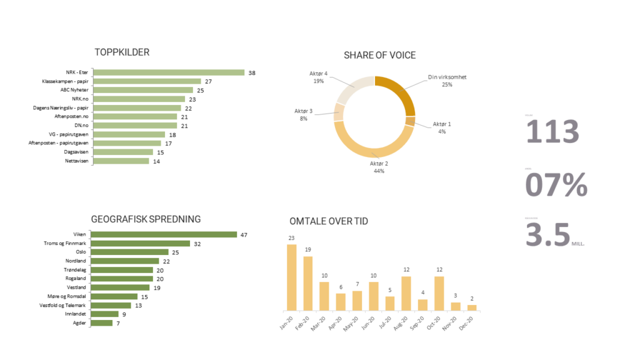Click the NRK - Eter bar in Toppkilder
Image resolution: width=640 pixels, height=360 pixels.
pos(169,72)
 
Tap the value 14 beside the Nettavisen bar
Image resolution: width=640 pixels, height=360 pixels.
pos(157,161)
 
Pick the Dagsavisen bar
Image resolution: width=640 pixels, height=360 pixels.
pos(122,152)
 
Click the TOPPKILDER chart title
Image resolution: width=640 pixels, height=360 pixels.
pos(122,52)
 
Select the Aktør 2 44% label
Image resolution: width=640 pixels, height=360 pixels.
pos(379,167)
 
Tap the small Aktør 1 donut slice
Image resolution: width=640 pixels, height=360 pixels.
pos(410,121)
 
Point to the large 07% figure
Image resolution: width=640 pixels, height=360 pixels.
pos(556,185)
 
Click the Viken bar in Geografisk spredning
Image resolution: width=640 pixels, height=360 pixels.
pos(164,234)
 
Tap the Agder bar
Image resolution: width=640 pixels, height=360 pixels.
pos(102,323)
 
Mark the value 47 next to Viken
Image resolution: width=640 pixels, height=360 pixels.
pos(244,235)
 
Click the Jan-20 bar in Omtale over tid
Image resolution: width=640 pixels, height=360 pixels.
pos(291,277)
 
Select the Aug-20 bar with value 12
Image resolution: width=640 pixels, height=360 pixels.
pos(406,294)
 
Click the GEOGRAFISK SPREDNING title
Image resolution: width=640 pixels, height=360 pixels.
pos(146,219)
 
